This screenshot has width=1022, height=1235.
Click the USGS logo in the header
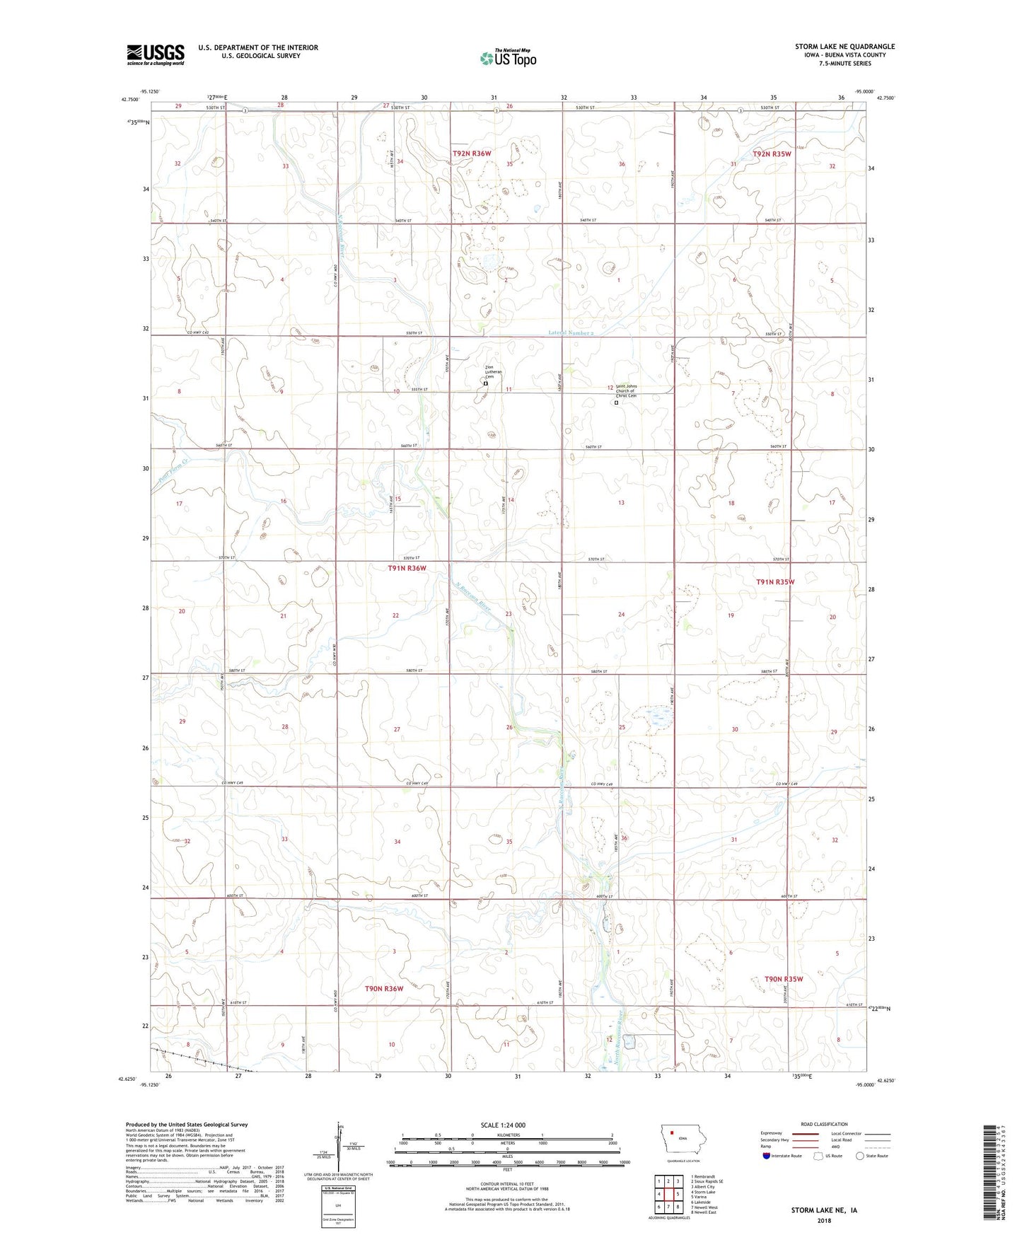pos(156,54)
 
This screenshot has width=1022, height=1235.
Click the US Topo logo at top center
pos(508,58)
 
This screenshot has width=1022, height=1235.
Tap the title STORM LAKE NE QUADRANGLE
pos(844,47)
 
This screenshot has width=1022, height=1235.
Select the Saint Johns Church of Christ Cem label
pos(626,391)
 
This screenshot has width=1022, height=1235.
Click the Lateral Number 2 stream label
pos(571,332)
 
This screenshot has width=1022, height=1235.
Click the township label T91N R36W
pos(407,568)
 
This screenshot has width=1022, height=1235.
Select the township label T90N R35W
pos(784,979)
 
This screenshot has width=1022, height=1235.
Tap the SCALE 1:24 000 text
pos(503,1125)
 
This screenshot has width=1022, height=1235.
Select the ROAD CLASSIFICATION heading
pos(824,1124)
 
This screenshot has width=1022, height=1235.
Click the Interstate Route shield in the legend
pos(767,1156)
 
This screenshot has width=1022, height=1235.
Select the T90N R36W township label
pos(384,988)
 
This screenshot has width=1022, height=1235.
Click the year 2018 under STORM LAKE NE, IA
pos(824,1221)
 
